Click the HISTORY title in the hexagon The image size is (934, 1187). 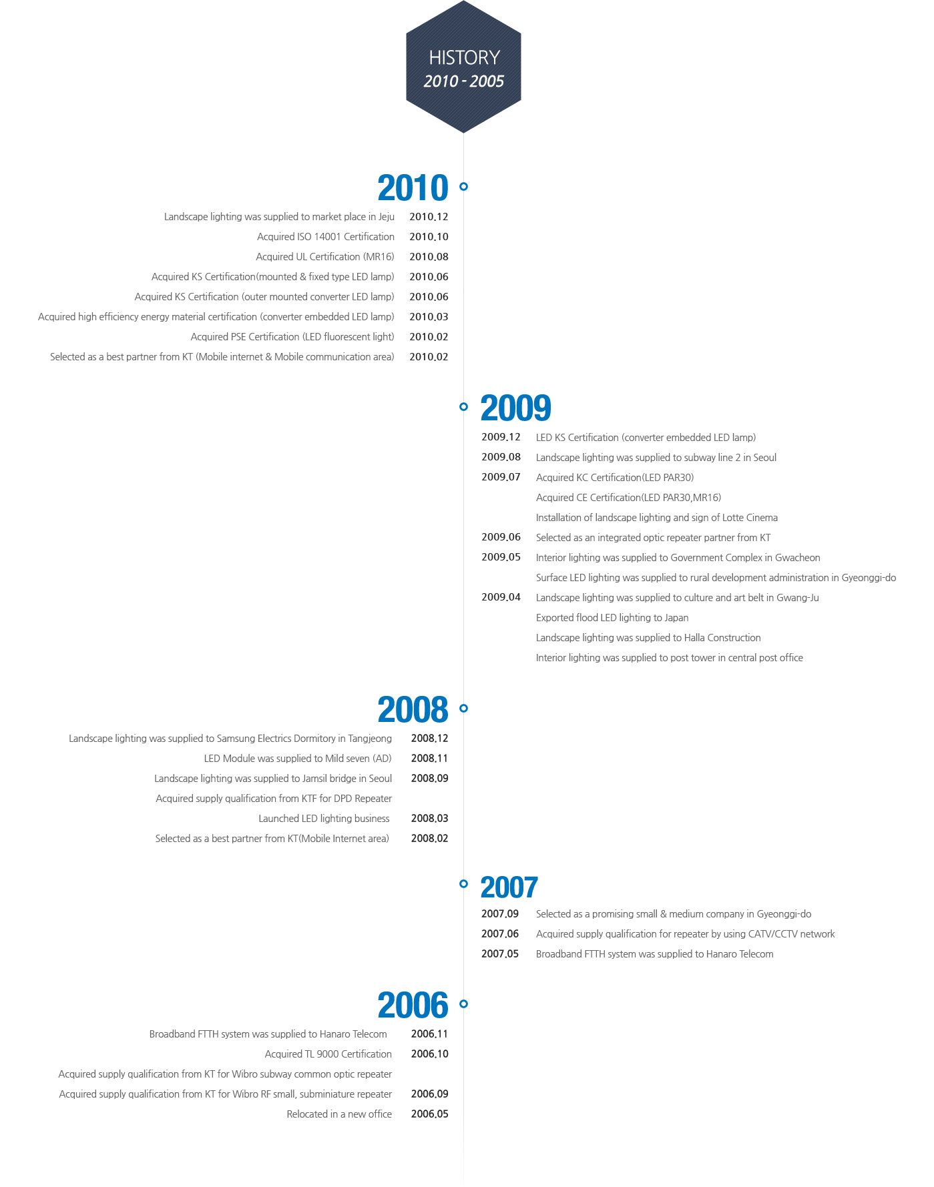click(464, 57)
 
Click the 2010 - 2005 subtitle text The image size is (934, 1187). click(464, 81)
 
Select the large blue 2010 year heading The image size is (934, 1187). click(413, 188)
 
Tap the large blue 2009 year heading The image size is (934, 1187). click(516, 408)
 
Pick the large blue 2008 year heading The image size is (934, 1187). click(413, 710)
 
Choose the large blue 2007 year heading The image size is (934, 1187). click(509, 887)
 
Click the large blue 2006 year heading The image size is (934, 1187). click(413, 1006)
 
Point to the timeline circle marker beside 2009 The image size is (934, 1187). click(463, 406)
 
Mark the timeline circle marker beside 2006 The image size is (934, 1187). click(463, 1004)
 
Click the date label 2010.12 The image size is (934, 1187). click(429, 217)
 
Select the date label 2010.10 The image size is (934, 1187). click(429, 237)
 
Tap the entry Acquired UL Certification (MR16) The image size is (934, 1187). click(325, 257)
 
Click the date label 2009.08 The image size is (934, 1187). click(501, 457)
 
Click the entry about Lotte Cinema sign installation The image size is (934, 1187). click(657, 518)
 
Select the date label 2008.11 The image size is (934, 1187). click(429, 759)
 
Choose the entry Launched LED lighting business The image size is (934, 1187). click(324, 819)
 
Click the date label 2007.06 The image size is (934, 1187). click(500, 934)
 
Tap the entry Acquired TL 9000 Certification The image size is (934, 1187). click(328, 1054)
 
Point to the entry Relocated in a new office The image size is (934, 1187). click(339, 1114)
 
